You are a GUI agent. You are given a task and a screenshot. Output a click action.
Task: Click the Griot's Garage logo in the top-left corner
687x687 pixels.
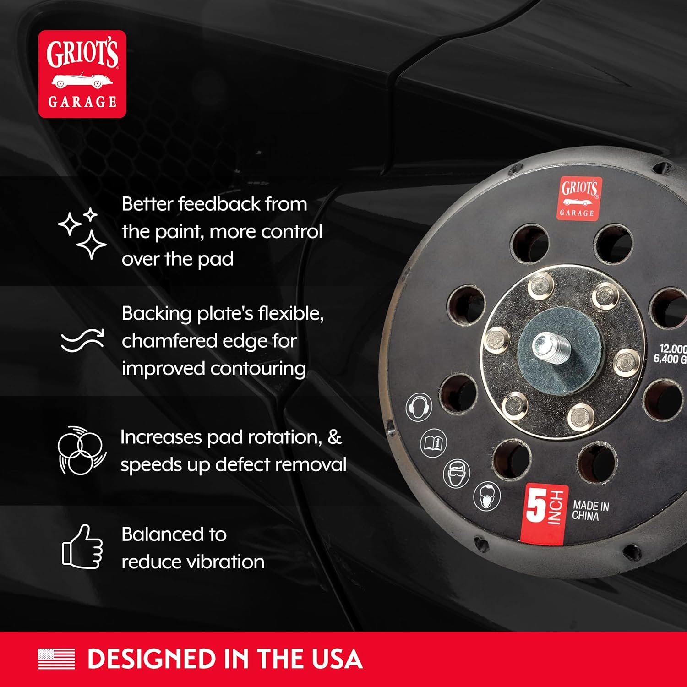coord(82,74)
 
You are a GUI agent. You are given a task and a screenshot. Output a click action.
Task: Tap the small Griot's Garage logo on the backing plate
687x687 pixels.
coord(579,198)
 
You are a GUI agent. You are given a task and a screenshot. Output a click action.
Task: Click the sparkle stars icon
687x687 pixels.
coord(82,233)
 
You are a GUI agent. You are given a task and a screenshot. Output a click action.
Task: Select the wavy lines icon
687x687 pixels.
coord(82,341)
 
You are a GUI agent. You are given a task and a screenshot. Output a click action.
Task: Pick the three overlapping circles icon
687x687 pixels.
coord(82,451)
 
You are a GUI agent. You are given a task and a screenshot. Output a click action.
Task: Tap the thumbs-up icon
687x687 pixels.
coord(82,547)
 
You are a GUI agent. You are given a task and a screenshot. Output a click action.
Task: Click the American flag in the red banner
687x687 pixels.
coord(56,659)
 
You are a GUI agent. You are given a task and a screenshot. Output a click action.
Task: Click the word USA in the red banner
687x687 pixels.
coord(337,659)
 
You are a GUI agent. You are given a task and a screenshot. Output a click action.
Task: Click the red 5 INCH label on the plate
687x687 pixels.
coord(544,513)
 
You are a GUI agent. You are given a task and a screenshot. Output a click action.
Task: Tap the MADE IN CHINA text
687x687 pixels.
coord(590,511)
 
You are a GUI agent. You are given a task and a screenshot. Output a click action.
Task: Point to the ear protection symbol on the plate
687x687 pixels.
coord(419,406)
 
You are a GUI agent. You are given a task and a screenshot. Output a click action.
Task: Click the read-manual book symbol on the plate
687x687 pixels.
coord(433,442)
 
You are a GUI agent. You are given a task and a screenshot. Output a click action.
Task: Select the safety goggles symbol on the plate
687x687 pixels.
coord(457,473)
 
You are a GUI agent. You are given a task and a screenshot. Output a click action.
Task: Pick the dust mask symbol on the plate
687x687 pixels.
coord(487,496)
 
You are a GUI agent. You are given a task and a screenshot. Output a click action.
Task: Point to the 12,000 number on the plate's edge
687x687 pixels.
coord(672,349)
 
